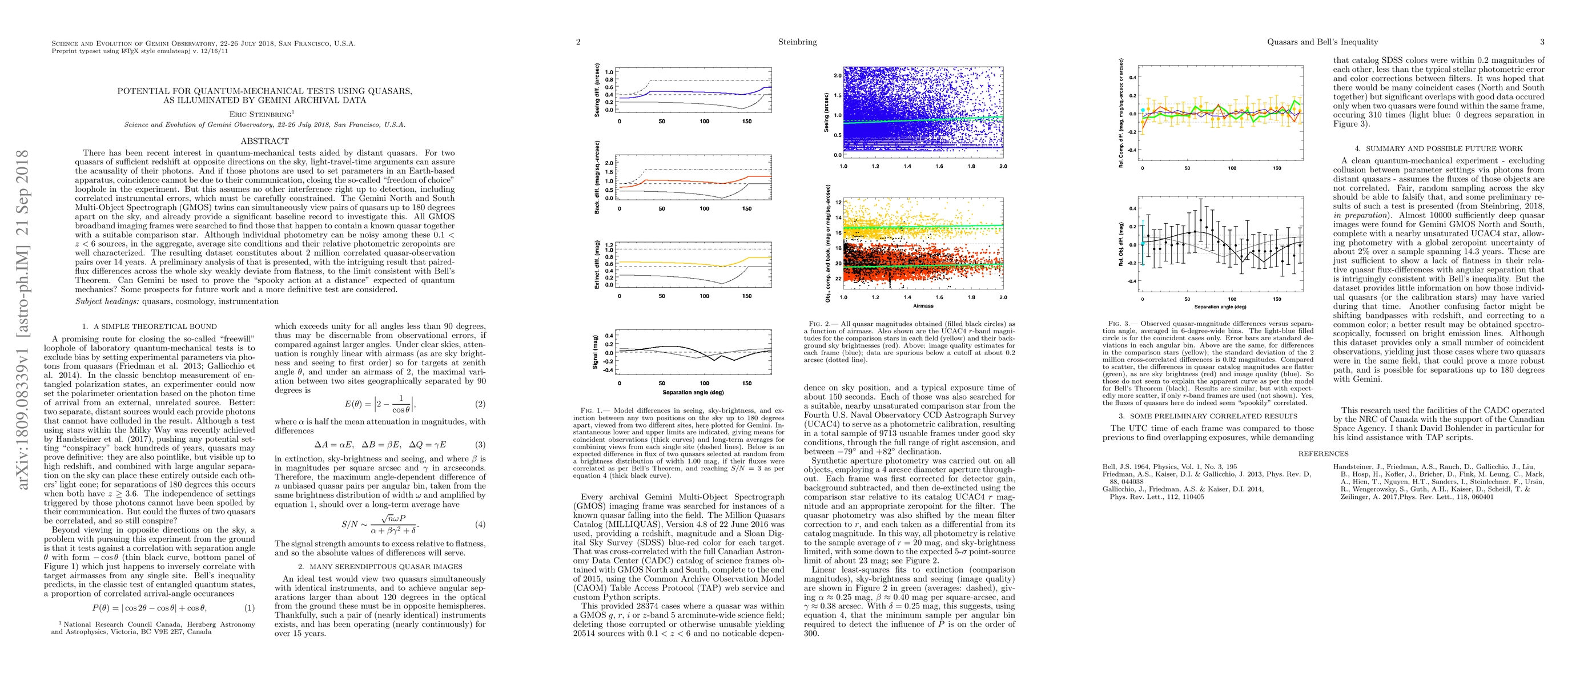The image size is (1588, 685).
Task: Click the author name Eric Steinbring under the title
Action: click(260, 114)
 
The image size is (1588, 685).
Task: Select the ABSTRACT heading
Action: click(264, 141)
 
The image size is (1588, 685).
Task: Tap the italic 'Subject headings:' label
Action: click(107, 301)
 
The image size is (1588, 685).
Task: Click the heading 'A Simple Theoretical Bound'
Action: click(149, 327)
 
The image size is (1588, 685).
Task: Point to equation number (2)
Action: click(480, 404)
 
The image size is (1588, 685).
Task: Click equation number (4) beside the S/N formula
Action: click(480, 524)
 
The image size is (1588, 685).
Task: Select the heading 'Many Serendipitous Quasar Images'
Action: click(380, 567)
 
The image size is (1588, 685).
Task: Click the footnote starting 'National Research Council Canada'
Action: click(153, 628)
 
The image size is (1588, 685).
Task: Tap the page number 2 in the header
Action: click(578, 42)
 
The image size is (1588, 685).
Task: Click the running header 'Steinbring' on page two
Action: click(798, 42)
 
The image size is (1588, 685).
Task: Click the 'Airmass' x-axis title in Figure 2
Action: click(923, 305)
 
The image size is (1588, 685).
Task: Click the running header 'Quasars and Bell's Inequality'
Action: click(1322, 42)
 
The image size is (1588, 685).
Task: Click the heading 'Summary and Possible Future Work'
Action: click(1439, 148)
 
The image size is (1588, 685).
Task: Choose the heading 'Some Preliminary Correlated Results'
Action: click(1208, 416)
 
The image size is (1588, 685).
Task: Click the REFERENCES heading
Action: click(1323, 454)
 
